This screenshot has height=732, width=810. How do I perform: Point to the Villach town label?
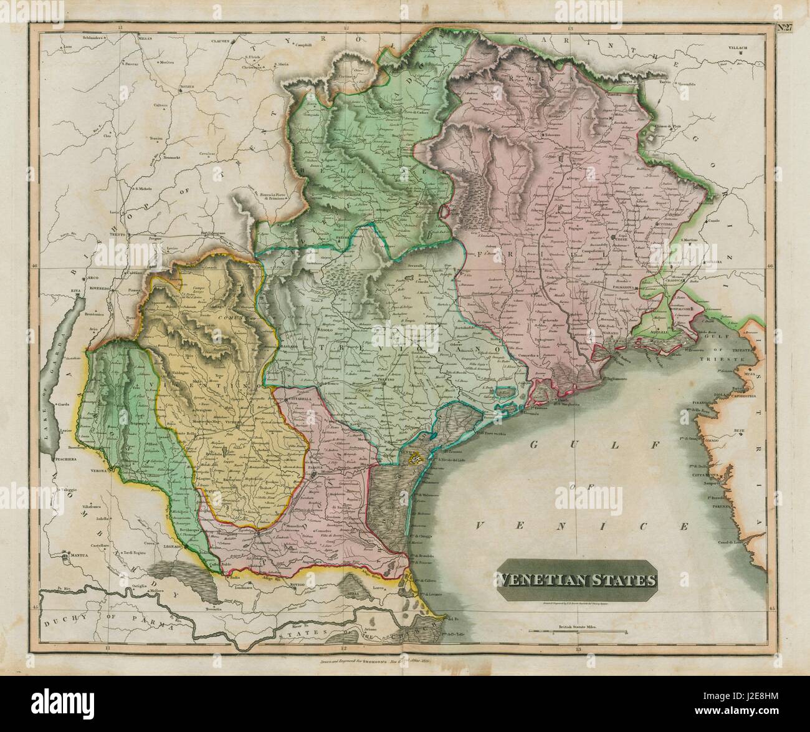tap(739, 47)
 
